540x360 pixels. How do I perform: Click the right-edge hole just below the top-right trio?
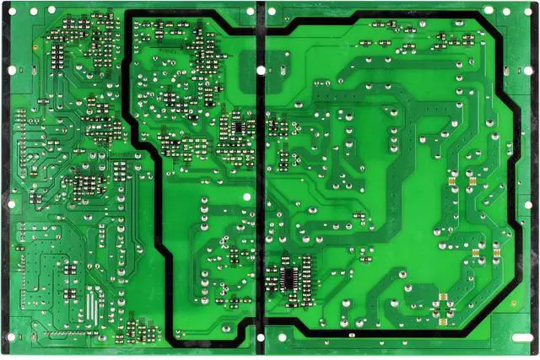click(529, 69)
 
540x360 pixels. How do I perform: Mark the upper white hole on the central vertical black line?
click(248, 195)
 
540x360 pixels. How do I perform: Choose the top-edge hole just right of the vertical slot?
click(273, 9)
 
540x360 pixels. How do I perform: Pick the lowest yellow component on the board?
click(440, 315)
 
